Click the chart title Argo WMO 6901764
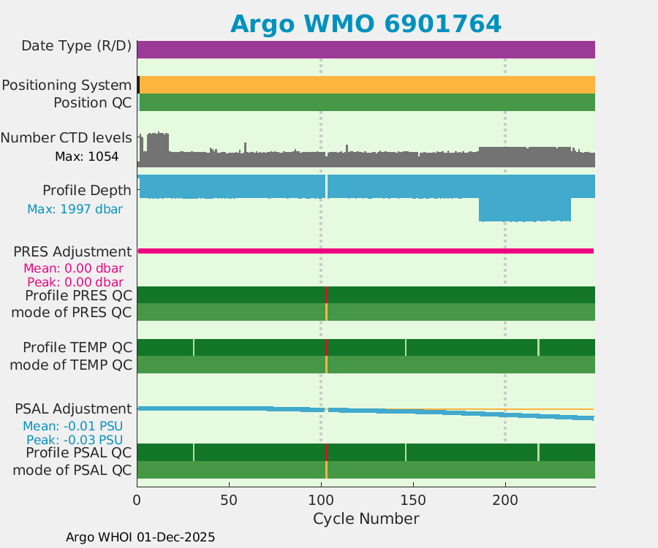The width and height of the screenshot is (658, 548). tap(366, 24)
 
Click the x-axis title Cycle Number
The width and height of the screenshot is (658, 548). tap(366, 519)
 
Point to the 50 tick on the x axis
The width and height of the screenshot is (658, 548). tap(229, 501)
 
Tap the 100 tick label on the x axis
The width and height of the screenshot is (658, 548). tap(321, 501)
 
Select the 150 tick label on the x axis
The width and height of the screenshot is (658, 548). tap(413, 501)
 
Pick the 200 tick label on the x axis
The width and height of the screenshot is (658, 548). tap(505, 501)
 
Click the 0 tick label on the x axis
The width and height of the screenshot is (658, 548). tap(137, 501)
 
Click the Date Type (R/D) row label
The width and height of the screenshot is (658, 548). tap(76, 46)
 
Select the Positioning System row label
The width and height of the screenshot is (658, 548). tap(67, 85)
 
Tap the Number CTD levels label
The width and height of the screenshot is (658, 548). tap(66, 137)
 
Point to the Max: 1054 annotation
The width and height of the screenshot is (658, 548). tap(86, 156)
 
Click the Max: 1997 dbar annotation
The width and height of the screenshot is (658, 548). tap(75, 209)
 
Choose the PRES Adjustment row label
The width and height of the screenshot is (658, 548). tap(72, 252)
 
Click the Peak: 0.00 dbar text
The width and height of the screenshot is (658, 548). tap(75, 282)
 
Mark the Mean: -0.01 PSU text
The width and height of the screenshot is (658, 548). tap(72, 426)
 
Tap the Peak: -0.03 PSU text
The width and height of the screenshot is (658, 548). tap(75, 440)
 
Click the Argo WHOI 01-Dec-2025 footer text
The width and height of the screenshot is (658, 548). tap(140, 537)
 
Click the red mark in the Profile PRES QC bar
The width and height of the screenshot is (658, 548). tap(326, 294)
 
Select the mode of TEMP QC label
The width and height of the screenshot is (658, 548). tap(71, 365)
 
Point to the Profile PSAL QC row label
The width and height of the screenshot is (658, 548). tap(76, 452)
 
